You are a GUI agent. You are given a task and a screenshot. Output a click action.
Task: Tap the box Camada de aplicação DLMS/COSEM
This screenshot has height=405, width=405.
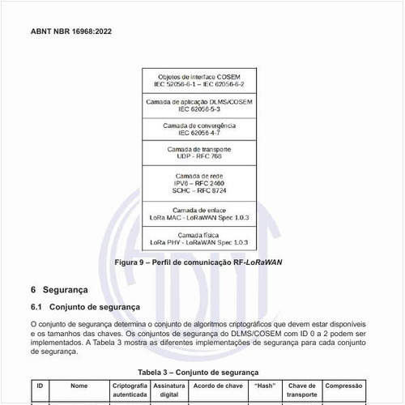point(198,105)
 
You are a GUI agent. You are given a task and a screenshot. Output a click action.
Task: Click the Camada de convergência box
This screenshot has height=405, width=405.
point(198,130)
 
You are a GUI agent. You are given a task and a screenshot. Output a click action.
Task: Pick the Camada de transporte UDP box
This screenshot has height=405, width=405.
point(198,153)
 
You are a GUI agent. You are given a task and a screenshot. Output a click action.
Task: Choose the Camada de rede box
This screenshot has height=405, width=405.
point(198,183)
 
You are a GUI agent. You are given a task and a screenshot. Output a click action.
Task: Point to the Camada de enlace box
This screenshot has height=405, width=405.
point(198,215)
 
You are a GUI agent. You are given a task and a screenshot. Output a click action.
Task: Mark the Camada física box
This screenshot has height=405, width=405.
point(198,238)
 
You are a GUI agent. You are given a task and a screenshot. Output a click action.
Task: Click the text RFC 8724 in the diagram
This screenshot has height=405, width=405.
point(211,190)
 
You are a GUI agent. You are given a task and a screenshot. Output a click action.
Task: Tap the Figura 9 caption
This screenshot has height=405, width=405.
point(198,262)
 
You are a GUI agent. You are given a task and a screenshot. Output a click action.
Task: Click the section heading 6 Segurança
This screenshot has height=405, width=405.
point(64,290)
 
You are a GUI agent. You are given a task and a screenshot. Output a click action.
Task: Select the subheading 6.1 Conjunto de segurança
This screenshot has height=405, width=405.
point(85,307)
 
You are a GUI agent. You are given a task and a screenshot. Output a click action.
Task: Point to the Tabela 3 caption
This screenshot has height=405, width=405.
point(198,372)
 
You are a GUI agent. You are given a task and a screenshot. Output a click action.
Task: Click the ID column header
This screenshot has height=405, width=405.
point(40,386)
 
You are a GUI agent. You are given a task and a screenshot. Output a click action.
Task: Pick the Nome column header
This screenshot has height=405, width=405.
point(79,386)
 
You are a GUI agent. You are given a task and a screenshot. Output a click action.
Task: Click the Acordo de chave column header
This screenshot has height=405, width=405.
point(218,386)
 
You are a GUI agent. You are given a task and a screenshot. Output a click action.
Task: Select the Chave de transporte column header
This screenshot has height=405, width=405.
point(301,390)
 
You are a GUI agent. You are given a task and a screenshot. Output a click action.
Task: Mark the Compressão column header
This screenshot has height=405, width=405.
point(343,386)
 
